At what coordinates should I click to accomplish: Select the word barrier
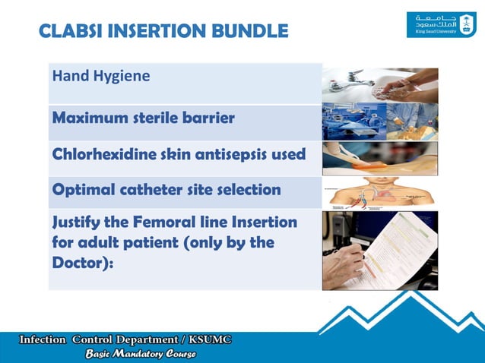(x=207, y=118)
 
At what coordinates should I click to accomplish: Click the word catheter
(x=148, y=188)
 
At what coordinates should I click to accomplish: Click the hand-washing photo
(x=379, y=85)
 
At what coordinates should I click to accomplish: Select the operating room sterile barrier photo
(x=379, y=122)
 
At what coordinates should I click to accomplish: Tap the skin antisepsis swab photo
(x=379, y=158)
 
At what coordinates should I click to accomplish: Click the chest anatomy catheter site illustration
(x=379, y=193)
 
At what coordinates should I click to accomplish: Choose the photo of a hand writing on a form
(x=379, y=250)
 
